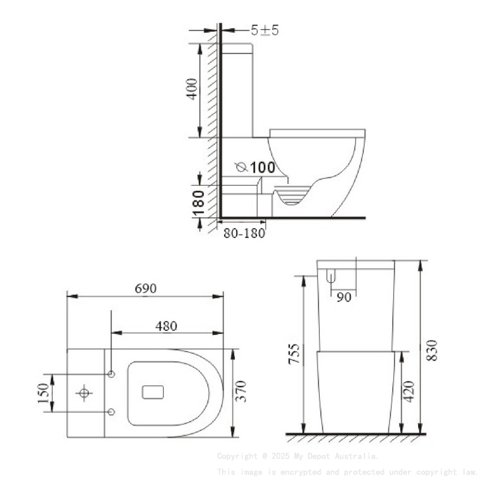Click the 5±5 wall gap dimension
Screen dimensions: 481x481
(x=265, y=31)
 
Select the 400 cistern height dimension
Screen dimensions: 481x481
(x=192, y=89)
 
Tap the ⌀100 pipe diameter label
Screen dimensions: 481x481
(x=256, y=167)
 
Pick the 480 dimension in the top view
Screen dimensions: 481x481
(x=166, y=326)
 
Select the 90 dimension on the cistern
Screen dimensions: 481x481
(x=343, y=297)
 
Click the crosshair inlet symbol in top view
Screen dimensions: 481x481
(x=84, y=393)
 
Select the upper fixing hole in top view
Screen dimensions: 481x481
(x=111, y=375)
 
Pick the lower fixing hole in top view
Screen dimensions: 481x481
(x=111, y=412)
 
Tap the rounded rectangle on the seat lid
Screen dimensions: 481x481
(x=153, y=392)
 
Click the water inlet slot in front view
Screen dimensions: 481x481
(x=331, y=277)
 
